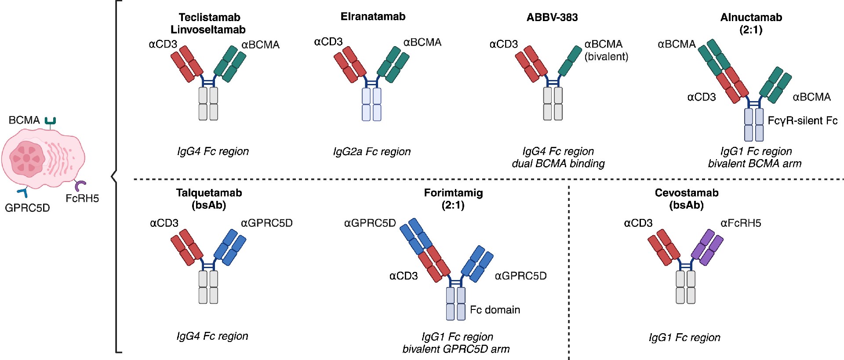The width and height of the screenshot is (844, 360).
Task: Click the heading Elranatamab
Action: tap(373, 17)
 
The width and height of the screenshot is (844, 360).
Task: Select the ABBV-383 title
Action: tap(552, 17)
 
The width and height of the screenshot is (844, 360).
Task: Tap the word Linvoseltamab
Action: tap(208, 29)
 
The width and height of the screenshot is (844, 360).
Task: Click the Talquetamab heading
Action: tap(209, 193)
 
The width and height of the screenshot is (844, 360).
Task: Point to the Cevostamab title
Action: tap(687, 193)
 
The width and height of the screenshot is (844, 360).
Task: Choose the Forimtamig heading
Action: tap(453, 193)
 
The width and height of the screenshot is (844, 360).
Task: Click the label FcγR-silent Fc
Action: tap(803, 120)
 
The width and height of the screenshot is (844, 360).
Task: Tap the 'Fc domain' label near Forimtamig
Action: tap(495, 310)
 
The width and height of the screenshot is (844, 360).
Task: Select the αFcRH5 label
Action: tap(741, 223)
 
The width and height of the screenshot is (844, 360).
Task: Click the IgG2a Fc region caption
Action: tap(372, 152)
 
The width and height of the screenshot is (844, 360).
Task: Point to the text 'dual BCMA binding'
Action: tap(558, 164)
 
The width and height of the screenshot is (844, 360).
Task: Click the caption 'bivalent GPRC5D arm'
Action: tap(456, 349)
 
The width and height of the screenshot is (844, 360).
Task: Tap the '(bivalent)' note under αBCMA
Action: tap(606, 56)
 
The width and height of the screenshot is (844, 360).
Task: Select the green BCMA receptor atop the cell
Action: tap(51, 121)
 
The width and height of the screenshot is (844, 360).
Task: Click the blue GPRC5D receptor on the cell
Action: tap(23, 192)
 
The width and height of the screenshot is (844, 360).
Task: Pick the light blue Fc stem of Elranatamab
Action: tap(371, 104)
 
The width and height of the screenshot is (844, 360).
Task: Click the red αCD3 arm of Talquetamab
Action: tap(187, 247)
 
